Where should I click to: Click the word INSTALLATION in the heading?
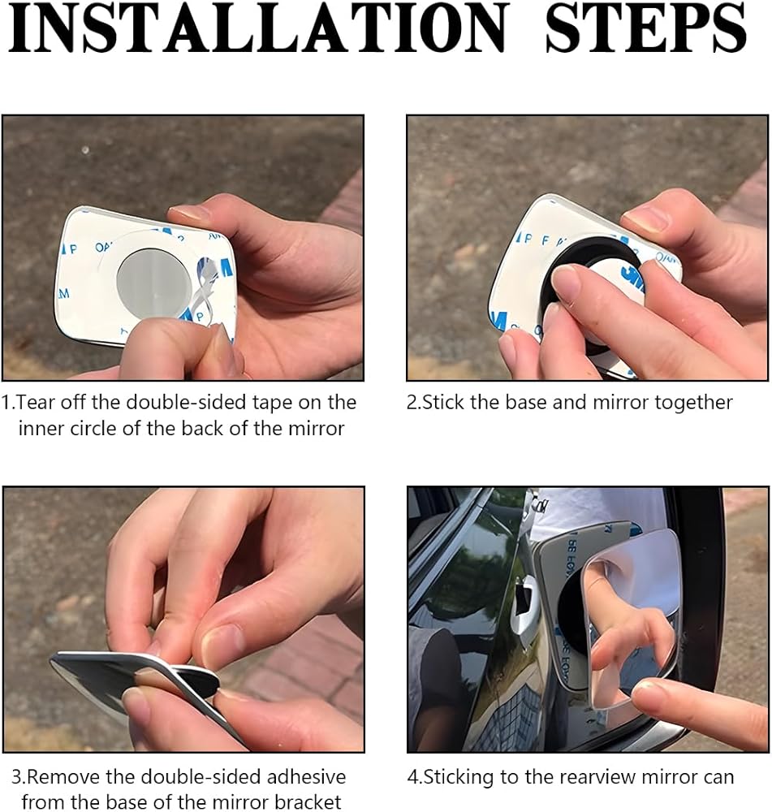pos(257,28)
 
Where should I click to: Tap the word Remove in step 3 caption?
pos(62,777)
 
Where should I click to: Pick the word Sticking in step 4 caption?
pos(458,778)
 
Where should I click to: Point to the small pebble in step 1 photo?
pos(85,150)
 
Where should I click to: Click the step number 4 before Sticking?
pos(412,778)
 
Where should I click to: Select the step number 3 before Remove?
pos(16,778)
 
